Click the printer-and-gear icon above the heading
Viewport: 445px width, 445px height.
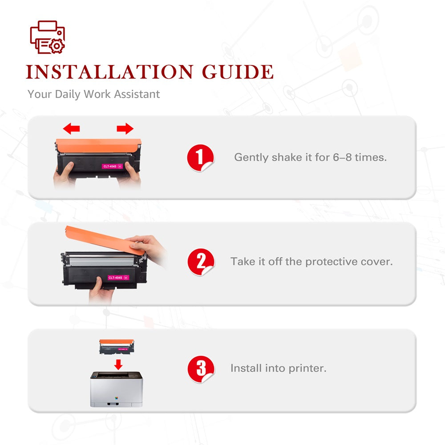click(x=48, y=37)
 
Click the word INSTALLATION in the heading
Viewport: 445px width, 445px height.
click(x=109, y=72)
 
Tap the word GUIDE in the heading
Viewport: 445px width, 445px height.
click(x=238, y=72)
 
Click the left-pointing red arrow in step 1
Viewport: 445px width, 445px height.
click(x=71, y=129)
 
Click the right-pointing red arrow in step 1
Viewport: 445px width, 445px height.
click(x=125, y=129)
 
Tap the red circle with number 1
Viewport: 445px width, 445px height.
click(x=200, y=158)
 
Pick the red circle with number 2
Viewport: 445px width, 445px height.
click(x=201, y=262)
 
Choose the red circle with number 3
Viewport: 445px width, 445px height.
click(x=201, y=369)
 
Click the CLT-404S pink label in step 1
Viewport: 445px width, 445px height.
click(x=112, y=166)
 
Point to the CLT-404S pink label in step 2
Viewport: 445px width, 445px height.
click(x=118, y=277)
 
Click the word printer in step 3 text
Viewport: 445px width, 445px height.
click(x=307, y=368)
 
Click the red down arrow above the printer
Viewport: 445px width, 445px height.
click(x=118, y=364)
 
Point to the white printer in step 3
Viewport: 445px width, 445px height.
click(x=116, y=389)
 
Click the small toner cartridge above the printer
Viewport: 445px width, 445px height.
click(x=116, y=347)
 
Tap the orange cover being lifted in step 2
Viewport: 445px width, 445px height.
click(x=105, y=240)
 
